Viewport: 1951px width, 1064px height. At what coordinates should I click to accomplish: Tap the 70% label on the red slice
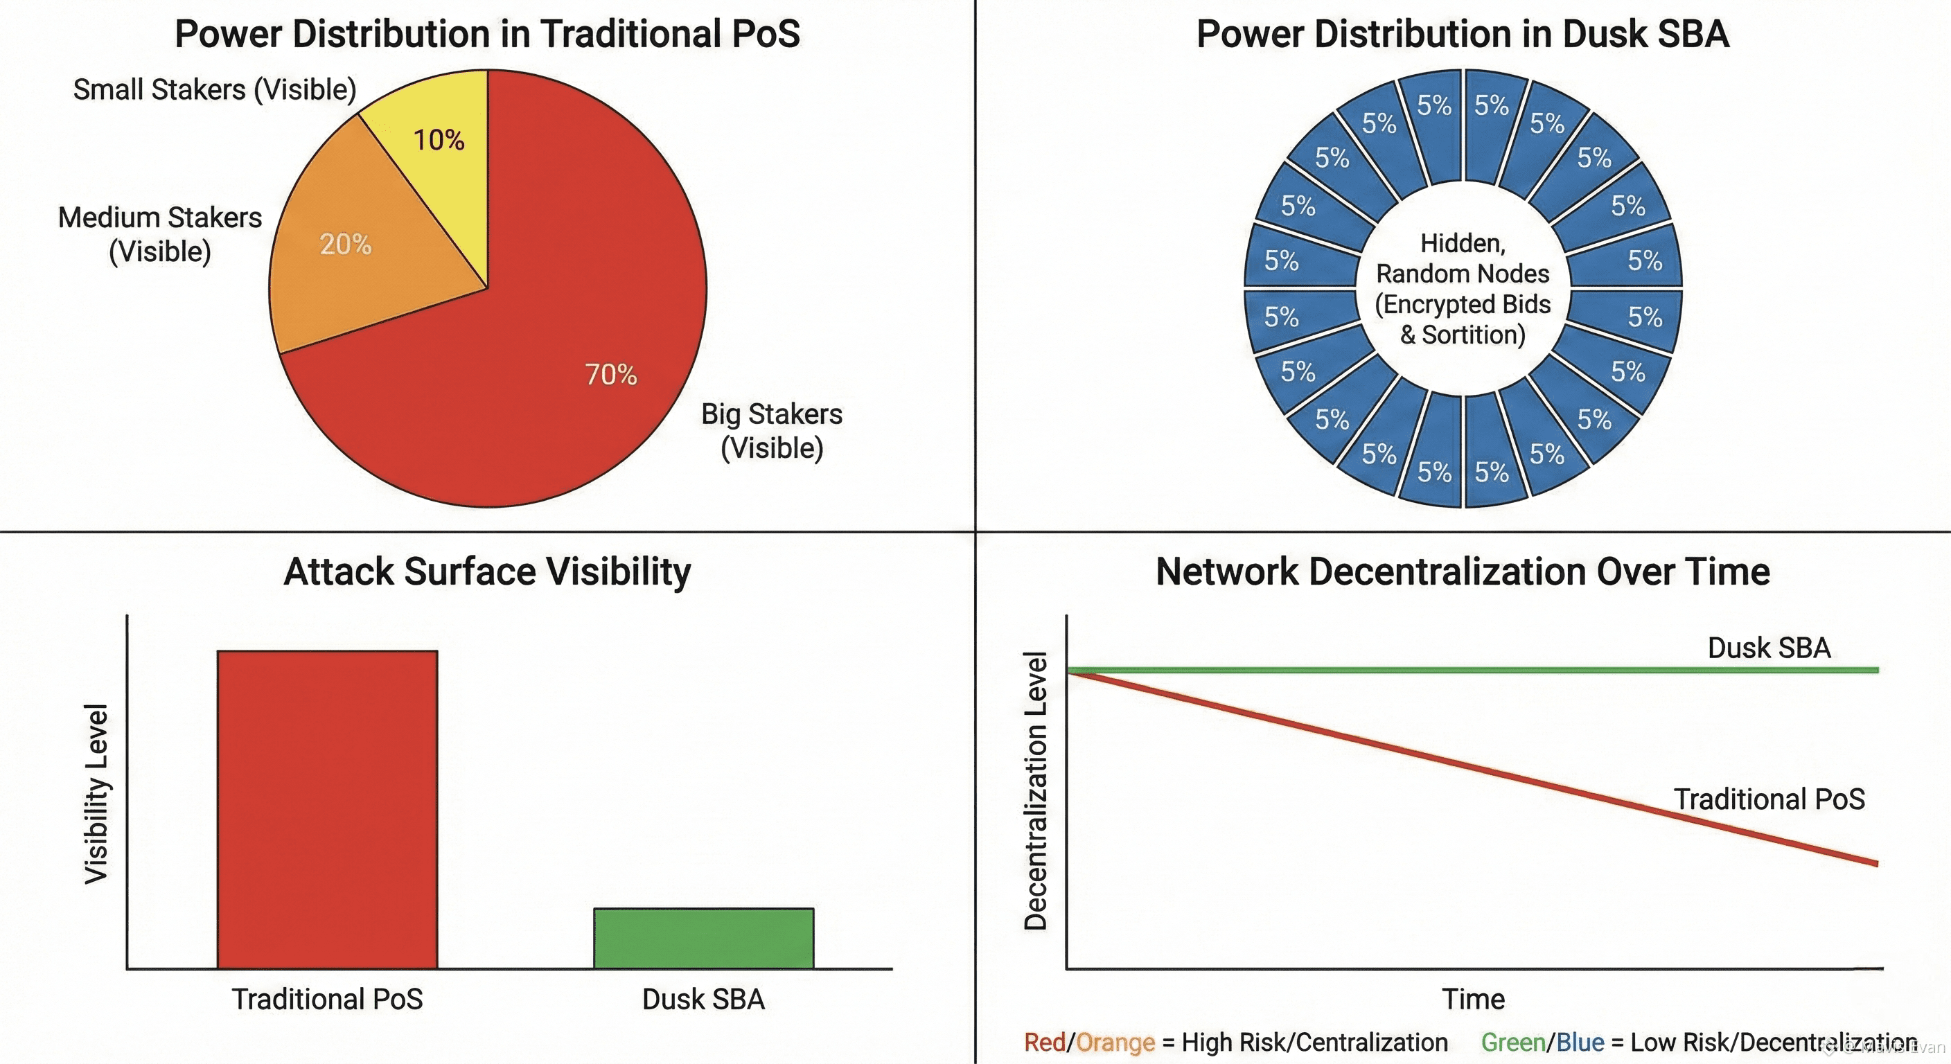point(610,374)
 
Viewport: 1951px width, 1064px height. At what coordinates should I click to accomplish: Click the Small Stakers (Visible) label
point(214,89)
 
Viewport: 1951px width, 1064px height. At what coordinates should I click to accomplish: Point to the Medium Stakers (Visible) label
point(160,234)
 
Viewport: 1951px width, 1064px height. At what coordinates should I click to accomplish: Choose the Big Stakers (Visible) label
point(771,430)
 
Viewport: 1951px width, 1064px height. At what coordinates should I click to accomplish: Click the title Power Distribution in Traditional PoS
point(487,34)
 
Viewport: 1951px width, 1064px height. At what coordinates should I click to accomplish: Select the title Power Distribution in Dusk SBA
point(1463,34)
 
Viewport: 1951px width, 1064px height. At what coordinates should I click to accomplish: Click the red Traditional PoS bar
point(327,809)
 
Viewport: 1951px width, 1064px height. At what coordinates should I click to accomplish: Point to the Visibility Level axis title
point(96,793)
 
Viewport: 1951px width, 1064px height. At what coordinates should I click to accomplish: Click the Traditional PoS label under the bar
point(327,999)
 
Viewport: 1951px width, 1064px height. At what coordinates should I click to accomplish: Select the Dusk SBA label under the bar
point(704,999)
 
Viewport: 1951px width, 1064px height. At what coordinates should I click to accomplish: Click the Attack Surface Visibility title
point(487,571)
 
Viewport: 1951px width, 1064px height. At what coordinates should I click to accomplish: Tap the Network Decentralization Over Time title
point(1463,571)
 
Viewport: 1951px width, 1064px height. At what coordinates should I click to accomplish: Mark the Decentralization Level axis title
point(1035,790)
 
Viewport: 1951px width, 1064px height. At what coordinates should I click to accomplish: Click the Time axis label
point(1473,999)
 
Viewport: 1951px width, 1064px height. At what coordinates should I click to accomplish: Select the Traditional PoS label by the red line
point(1769,799)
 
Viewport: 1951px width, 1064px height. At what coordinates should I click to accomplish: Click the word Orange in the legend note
point(1115,1043)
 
